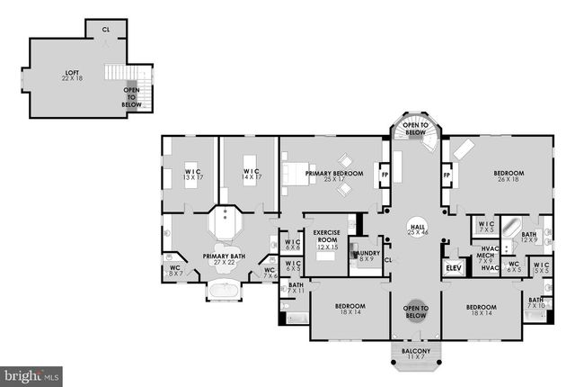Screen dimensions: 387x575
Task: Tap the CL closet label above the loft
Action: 105,29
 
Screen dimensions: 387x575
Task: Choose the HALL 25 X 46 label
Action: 416,229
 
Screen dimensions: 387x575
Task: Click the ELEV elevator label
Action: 452,268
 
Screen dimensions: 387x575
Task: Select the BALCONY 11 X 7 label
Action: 415,354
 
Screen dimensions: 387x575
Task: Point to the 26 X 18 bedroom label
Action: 509,176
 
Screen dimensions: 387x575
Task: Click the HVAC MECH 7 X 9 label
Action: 490,257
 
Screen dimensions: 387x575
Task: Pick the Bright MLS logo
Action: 31,373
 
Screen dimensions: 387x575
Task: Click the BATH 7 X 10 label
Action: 535,303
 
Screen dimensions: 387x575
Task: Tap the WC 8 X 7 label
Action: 175,269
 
